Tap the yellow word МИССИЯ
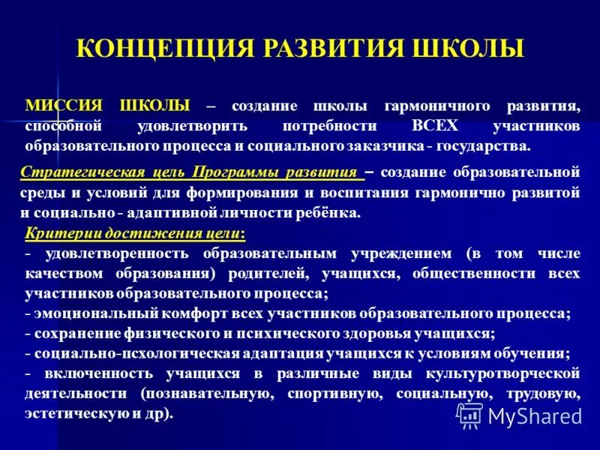[x=60, y=106]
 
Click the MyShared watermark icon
[x=470, y=415]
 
